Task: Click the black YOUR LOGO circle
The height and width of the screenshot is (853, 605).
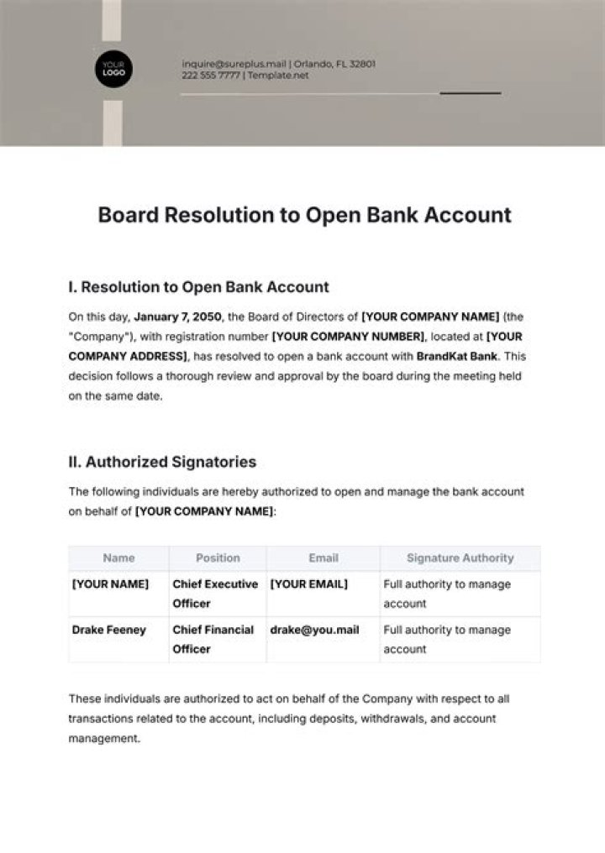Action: point(113,69)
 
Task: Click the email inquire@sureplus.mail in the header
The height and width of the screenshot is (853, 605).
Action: point(234,63)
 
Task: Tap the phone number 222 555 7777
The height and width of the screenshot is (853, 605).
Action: point(211,75)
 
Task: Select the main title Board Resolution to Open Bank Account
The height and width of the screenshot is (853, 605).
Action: point(304,215)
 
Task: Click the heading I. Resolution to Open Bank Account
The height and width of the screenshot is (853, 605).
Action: point(198,287)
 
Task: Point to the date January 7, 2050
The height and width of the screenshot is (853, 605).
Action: point(177,317)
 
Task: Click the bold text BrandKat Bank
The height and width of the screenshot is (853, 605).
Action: point(453,357)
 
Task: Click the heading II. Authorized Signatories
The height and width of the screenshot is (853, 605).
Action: point(162,462)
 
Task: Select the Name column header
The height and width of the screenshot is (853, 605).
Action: point(118,557)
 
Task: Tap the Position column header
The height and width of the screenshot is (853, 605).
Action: point(218,557)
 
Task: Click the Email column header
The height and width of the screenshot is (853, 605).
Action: point(324,557)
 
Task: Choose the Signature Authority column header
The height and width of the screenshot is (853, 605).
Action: point(460,557)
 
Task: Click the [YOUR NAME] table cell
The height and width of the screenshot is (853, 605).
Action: point(110,584)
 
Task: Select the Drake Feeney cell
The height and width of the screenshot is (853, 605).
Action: point(108,630)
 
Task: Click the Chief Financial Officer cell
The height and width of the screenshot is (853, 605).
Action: point(213,639)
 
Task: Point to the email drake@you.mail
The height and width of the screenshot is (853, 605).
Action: point(308,630)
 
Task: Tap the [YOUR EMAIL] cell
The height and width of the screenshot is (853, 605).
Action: point(308,584)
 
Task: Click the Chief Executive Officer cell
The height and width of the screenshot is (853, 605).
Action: point(215,594)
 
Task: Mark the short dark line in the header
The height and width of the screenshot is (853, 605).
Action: point(471,93)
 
